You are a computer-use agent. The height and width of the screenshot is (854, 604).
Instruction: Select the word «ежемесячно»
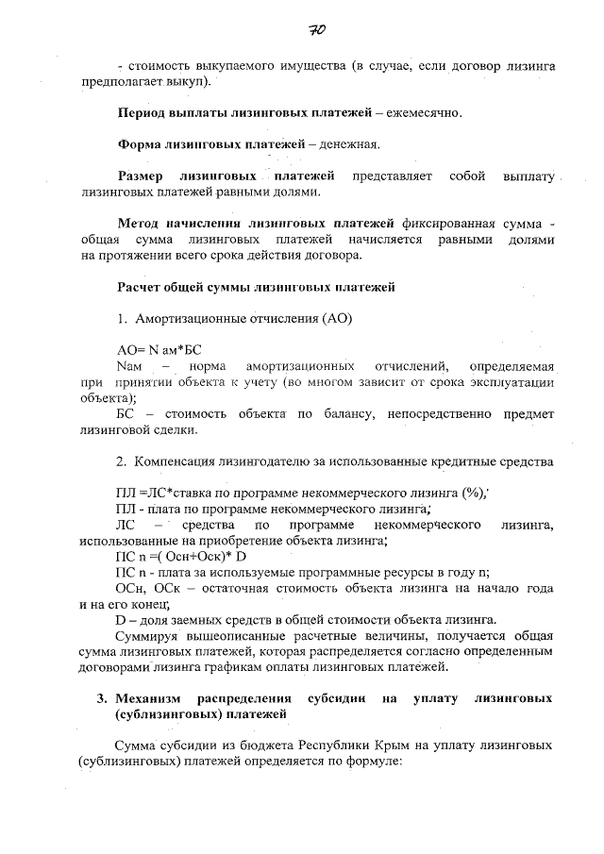tap(424, 113)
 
